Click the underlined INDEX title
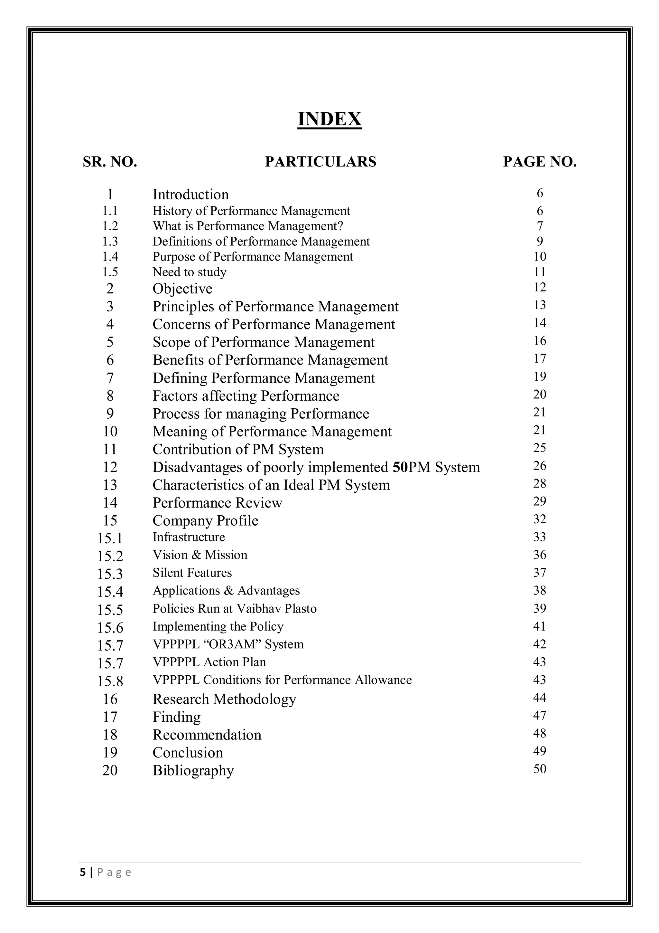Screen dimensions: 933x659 (329, 119)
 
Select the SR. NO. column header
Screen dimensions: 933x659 (110, 162)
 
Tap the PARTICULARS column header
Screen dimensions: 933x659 (320, 162)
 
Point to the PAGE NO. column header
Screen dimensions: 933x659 (540, 162)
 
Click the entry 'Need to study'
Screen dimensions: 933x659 (189, 272)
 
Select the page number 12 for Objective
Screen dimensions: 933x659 (540, 287)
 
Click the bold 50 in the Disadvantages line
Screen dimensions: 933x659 (400, 467)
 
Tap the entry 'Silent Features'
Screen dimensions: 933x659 (192, 573)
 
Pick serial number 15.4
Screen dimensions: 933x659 (110, 592)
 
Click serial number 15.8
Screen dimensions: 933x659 (110, 681)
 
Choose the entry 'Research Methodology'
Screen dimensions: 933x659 (224, 699)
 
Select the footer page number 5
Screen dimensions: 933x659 (83, 872)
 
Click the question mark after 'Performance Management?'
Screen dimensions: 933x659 (341, 226)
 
